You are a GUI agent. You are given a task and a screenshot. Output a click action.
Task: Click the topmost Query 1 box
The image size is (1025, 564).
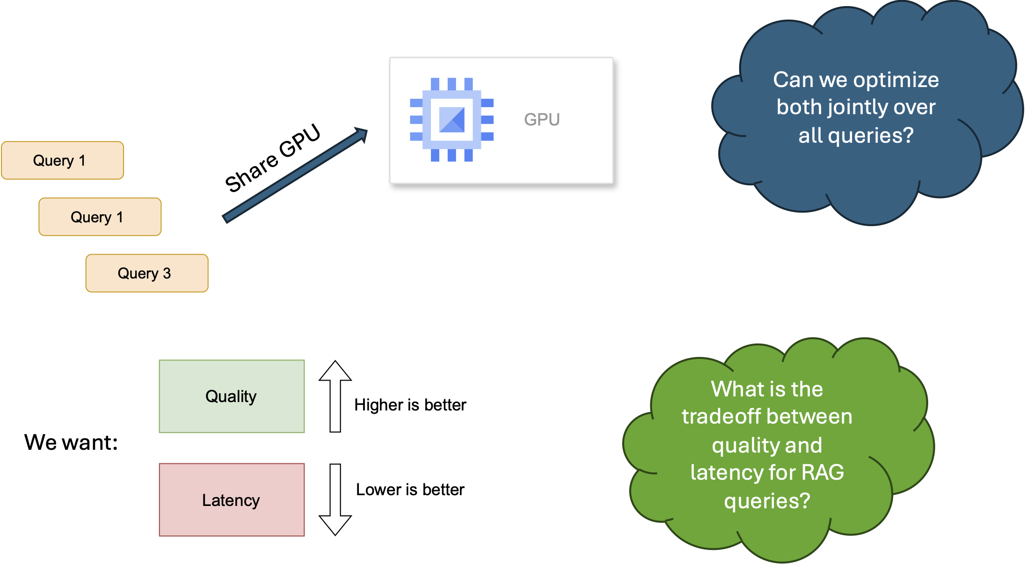point(62,161)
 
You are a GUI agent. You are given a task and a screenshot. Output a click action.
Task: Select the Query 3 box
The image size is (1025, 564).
point(147,273)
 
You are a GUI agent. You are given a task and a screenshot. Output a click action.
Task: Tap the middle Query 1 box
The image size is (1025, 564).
point(100,217)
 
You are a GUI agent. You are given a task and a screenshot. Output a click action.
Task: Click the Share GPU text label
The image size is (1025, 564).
point(272,158)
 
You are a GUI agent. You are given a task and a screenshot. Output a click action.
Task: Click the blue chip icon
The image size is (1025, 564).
point(451,120)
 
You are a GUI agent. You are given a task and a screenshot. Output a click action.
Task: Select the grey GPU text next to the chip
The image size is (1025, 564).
point(542,120)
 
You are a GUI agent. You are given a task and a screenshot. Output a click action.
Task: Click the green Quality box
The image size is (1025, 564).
point(232,396)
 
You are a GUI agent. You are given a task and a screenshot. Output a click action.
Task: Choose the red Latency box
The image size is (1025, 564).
point(232,500)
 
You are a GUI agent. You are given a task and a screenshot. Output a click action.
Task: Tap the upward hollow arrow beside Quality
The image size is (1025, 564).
point(335,396)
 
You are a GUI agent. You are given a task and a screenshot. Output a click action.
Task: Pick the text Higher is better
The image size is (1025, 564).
point(410,405)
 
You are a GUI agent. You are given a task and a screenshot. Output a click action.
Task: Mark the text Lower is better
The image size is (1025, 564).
point(410,490)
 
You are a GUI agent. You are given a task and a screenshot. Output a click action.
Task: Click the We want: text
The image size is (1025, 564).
point(71,442)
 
